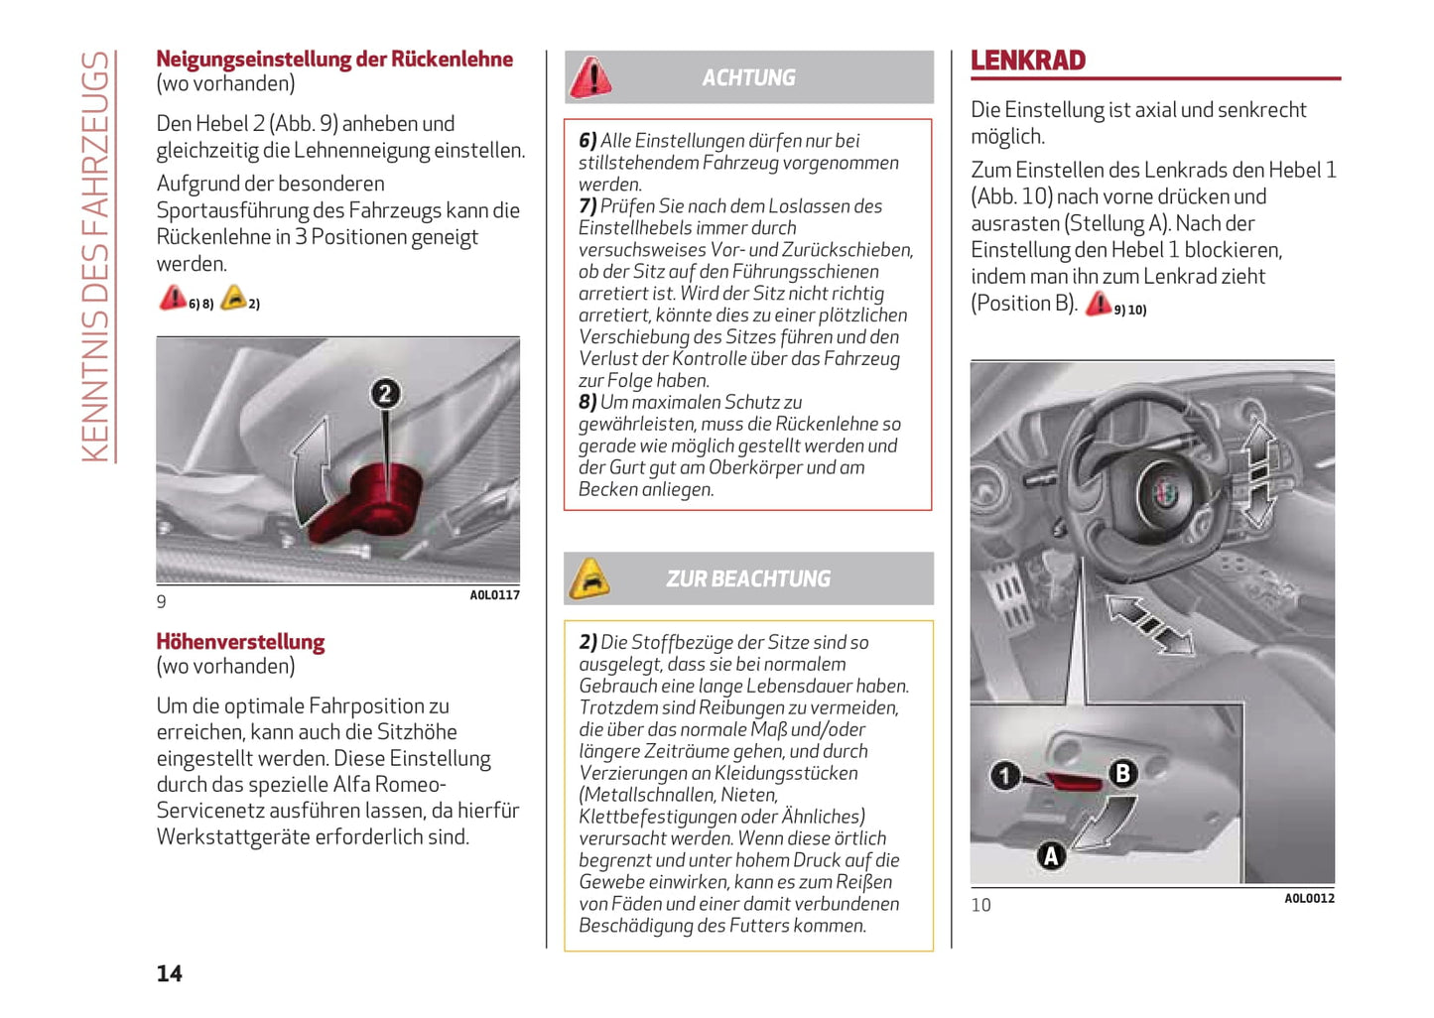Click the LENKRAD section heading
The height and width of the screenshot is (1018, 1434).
pyautogui.click(x=1028, y=61)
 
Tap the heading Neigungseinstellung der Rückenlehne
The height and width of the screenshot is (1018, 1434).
pyautogui.click(x=334, y=60)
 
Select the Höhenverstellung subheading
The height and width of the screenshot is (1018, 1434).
pyautogui.click(x=240, y=642)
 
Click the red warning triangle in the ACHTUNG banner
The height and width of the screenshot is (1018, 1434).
pyautogui.click(x=590, y=77)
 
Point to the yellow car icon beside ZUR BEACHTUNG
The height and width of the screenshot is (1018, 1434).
pyautogui.click(x=589, y=578)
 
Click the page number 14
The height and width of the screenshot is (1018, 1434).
pyautogui.click(x=169, y=973)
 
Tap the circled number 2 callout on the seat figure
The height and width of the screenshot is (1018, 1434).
pyautogui.click(x=385, y=394)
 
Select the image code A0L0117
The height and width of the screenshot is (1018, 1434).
pyautogui.click(x=494, y=595)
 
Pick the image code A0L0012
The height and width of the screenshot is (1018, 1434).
pyautogui.click(x=1309, y=899)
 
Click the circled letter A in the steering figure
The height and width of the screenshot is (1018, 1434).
pyautogui.click(x=1051, y=854)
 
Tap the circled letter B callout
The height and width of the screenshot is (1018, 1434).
pyautogui.click(x=1122, y=773)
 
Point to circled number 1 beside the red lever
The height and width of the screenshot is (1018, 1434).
pyautogui.click(x=1005, y=775)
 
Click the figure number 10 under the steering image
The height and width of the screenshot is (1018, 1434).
pyautogui.click(x=980, y=905)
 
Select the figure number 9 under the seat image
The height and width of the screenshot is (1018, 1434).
pyautogui.click(x=162, y=601)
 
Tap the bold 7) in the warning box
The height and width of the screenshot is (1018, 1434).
pyautogui.click(x=587, y=206)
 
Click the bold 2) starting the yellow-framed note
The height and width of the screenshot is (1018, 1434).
pyautogui.click(x=587, y=643)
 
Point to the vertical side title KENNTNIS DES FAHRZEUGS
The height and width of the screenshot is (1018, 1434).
pyautogui.click(x=96, y=256)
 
